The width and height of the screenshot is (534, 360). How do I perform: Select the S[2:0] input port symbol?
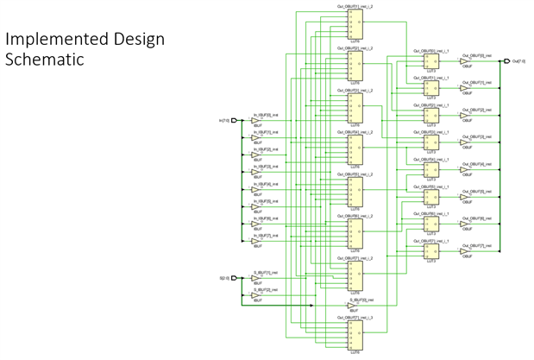[234, 278]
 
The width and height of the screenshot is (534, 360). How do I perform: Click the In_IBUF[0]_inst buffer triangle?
[256, 120]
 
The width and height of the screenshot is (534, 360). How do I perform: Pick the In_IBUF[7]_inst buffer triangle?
[256, 239]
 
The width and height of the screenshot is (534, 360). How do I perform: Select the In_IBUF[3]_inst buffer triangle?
[256, 171]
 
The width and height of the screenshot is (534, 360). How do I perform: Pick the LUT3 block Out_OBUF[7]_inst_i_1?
[429, 250]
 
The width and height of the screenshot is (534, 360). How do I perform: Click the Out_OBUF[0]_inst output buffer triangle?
[467, 61]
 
